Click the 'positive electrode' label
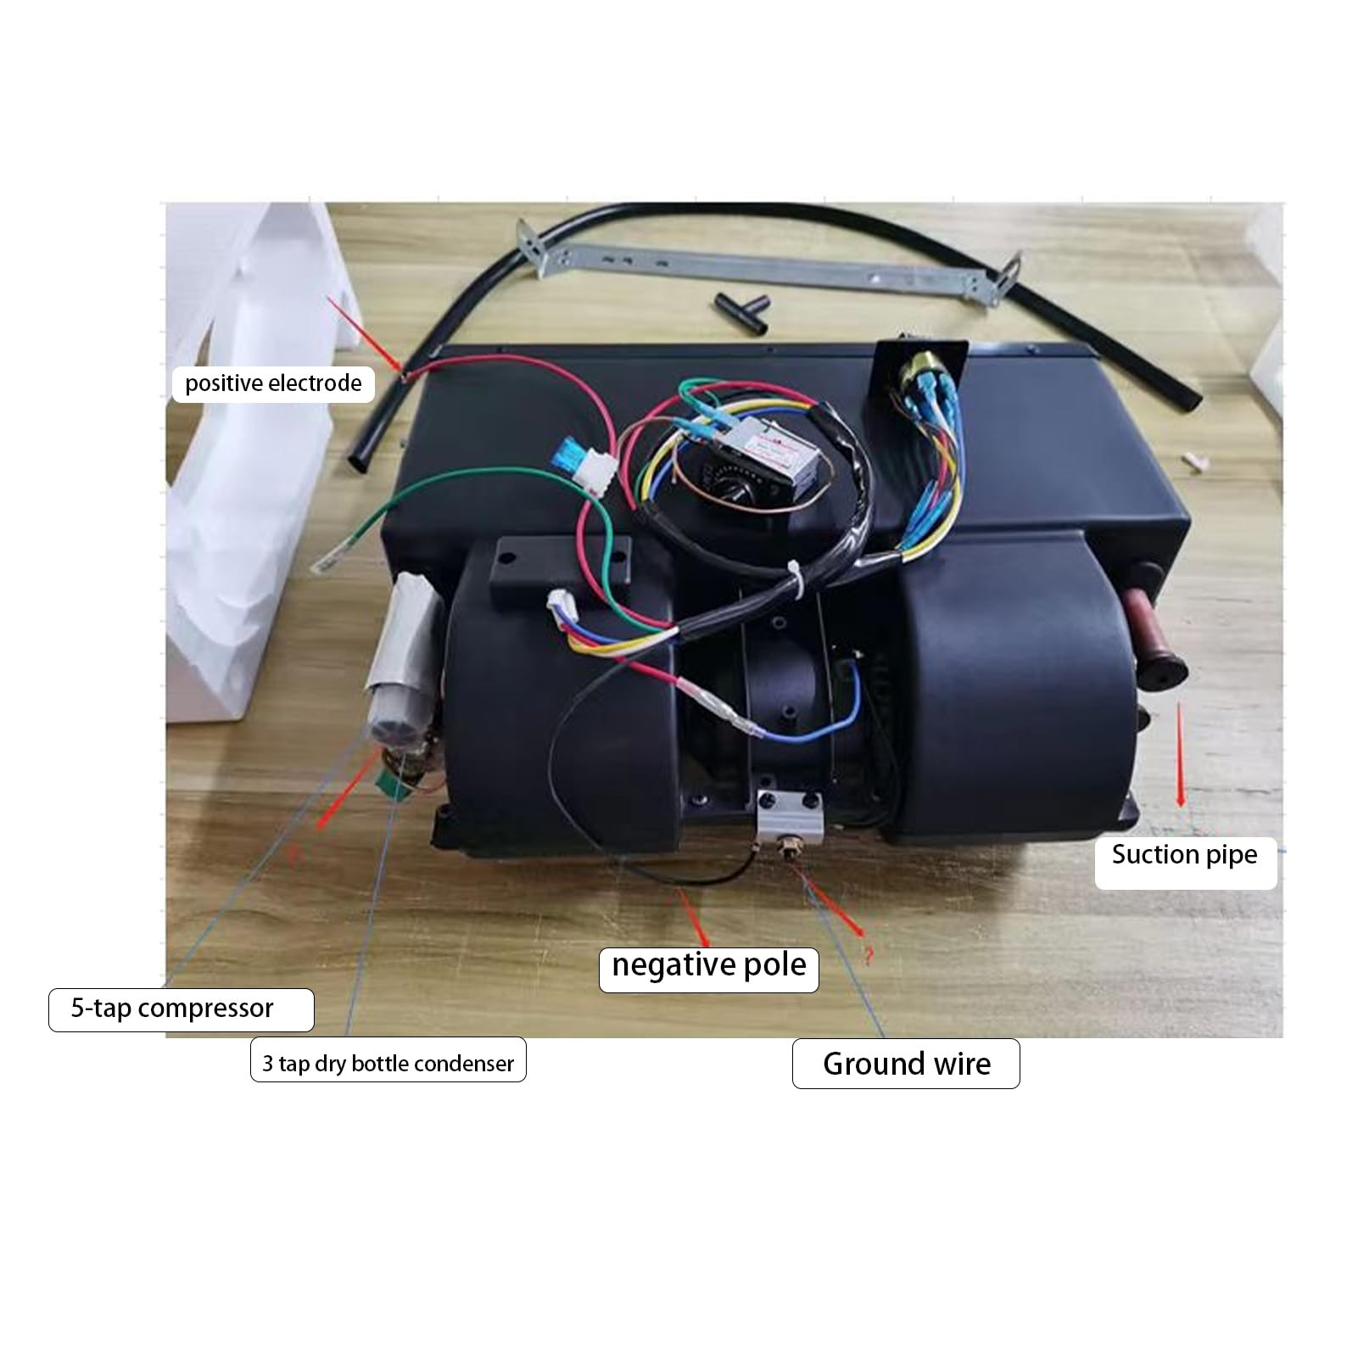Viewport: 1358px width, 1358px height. (x=273, y=383)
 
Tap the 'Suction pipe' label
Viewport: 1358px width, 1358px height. (x=1185, y=855)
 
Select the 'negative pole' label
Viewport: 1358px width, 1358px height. (x=709, y=965)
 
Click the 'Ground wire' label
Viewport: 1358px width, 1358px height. (x=906, y=1064)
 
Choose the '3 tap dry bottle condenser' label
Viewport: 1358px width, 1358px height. (x=388, y=1063)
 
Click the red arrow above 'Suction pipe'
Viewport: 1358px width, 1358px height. (x=1180, y=755)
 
